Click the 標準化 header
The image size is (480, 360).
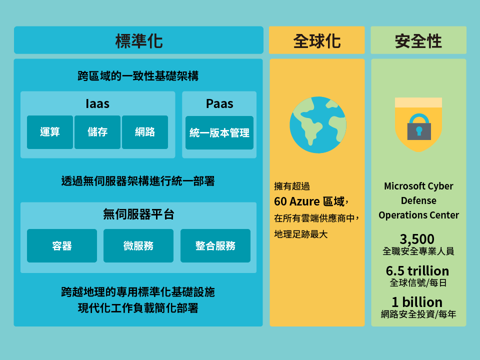point(138,40)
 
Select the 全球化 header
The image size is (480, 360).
point(317,40)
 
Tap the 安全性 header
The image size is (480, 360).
point(418,40)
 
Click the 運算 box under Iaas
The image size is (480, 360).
point(50,132)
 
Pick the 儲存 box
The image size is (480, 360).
point(97,132)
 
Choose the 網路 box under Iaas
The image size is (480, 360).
point(145,132)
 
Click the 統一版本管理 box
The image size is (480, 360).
point(219,132)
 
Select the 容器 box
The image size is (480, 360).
point(62,245)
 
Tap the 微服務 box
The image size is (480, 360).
point(138,245)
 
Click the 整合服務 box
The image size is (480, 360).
point(215,245)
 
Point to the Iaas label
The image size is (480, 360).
point(97,104)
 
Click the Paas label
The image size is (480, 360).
point(219,104)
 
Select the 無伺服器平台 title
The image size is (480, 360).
point(138,214)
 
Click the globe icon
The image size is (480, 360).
point(318,125)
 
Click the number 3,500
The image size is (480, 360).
point(417,239)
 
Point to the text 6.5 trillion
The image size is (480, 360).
point(417,270)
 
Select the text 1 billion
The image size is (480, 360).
point(417,302)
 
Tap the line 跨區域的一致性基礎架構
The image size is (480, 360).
point(138,76)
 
